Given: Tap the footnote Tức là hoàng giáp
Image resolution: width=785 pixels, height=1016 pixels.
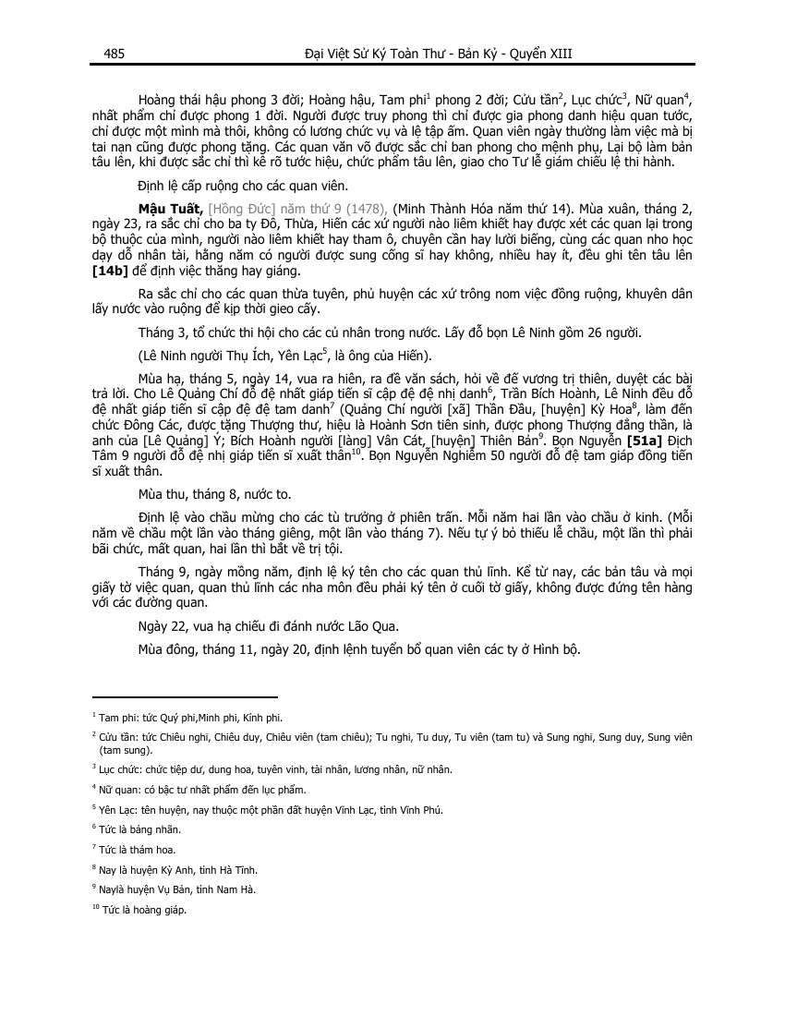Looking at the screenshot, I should (x=142, y=911).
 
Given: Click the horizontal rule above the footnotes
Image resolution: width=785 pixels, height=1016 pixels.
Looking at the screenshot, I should (x=185, y=697).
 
